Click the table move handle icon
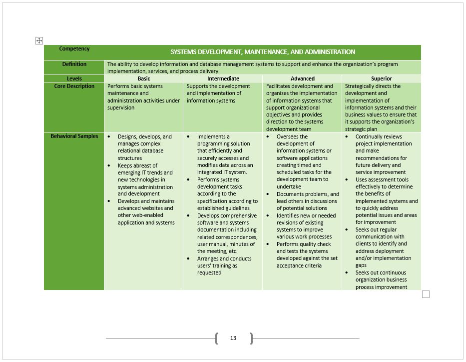click(x=39, y=40)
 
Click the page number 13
click(x=233, y=338)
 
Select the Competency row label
click(x=74, y=49)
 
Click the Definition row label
click(x=74, y=64)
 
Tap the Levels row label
click(x=74, y=78)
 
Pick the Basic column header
click(x=144, y=78)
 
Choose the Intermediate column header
click(x=223, y=78)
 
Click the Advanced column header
click(x=303, y=78)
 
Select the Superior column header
click(x=382, y=78)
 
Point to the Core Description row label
click(x=74, y=86)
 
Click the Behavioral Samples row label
click(x=74, y=136)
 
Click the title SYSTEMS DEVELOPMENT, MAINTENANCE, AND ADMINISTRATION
click(x=263, y=52)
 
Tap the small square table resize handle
click(x=426, y=294)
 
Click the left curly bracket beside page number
click(x=216, y=338)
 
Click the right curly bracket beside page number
click(x=251, y=338)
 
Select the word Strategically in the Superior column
click(x=359, y=86)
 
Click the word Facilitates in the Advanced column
click(x=279, y=86)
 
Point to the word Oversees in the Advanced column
click(x=288, y=136)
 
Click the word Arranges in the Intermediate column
click(x=208, y=258)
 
